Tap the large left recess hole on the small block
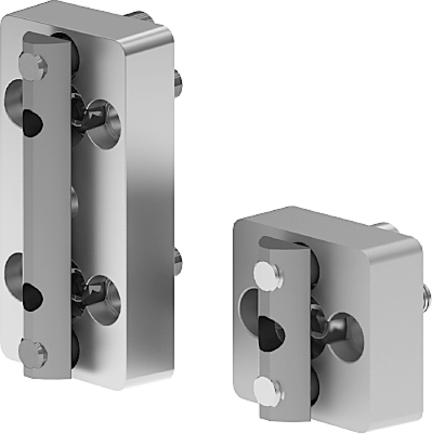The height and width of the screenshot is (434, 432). point(248,305)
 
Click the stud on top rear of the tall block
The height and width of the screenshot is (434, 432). point(140,16)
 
